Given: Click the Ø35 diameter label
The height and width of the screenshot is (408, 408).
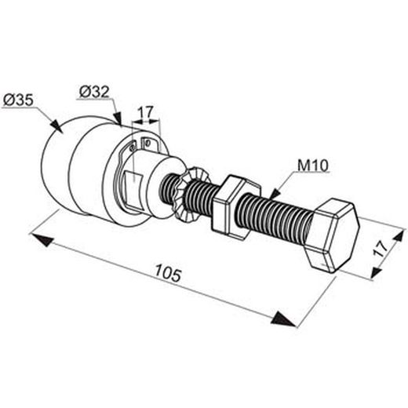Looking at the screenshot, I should point(17,100).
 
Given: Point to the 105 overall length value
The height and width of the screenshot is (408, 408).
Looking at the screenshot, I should point(167,274).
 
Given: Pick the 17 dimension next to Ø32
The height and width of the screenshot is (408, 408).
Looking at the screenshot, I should point(145,112).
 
